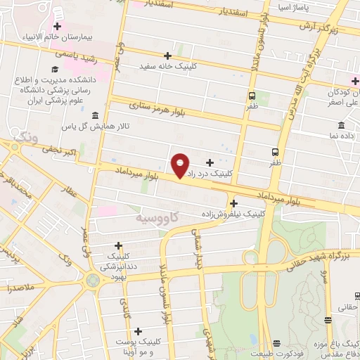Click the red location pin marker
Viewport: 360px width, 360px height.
pos(181,165)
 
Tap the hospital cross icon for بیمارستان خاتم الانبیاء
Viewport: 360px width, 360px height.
pos(57,27)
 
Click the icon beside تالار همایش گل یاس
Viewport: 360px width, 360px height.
pos(95,115)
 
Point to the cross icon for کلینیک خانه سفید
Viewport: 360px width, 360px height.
pos(167,55)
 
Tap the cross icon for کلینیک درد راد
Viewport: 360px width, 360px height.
pos(209,162)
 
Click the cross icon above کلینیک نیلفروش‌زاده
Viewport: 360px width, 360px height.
pos(233,202)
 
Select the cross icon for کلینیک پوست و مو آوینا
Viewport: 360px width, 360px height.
pos(138,330)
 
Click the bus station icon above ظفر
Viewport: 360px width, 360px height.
pos(274,151)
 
